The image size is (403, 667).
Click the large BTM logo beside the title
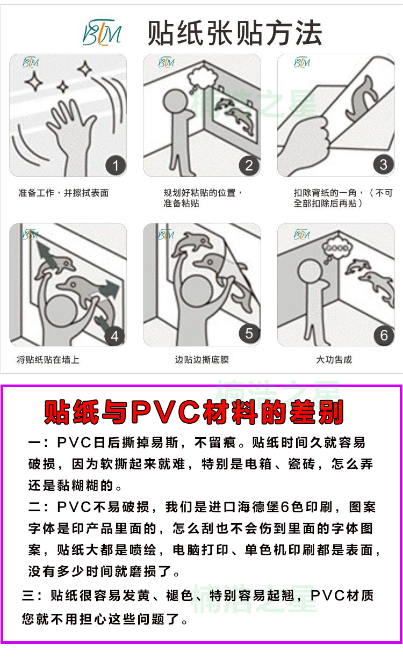pyautogui.click(x=102, y=32)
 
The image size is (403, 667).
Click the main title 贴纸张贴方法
pyautogui.click(x=235, y=33)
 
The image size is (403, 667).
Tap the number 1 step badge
pyautogui.click(x=116, y=165)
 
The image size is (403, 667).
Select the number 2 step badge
pyautogui.click(x=249, y=165)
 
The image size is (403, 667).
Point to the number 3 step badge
pyautogui.click(x=383, y=165)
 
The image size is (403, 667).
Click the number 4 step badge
pyautogui.click(x=114, y=336)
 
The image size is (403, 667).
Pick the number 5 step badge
pyautogui.click(x=249, y=333)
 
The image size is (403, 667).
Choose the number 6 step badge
pyautogui.click(x=384, y=335)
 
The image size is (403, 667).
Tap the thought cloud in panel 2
pyautogui.click(x=203, y=76)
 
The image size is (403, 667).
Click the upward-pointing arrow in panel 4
pyautogui.click(x=46, y=255)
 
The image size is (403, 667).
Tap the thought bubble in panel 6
pyautogui.click(x=336, y=248)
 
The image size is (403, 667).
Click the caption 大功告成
pyautogui.click(x=334, y=359)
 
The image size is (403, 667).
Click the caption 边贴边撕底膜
pyautogui.click(x=202, y=359)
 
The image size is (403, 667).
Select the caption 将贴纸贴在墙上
pyautogui.click(x=48, y=359)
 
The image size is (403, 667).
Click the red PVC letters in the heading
pyautogui.click(x=165, y=412)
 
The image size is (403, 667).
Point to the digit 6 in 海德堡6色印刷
pyautogui.click(x=285, y=507)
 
